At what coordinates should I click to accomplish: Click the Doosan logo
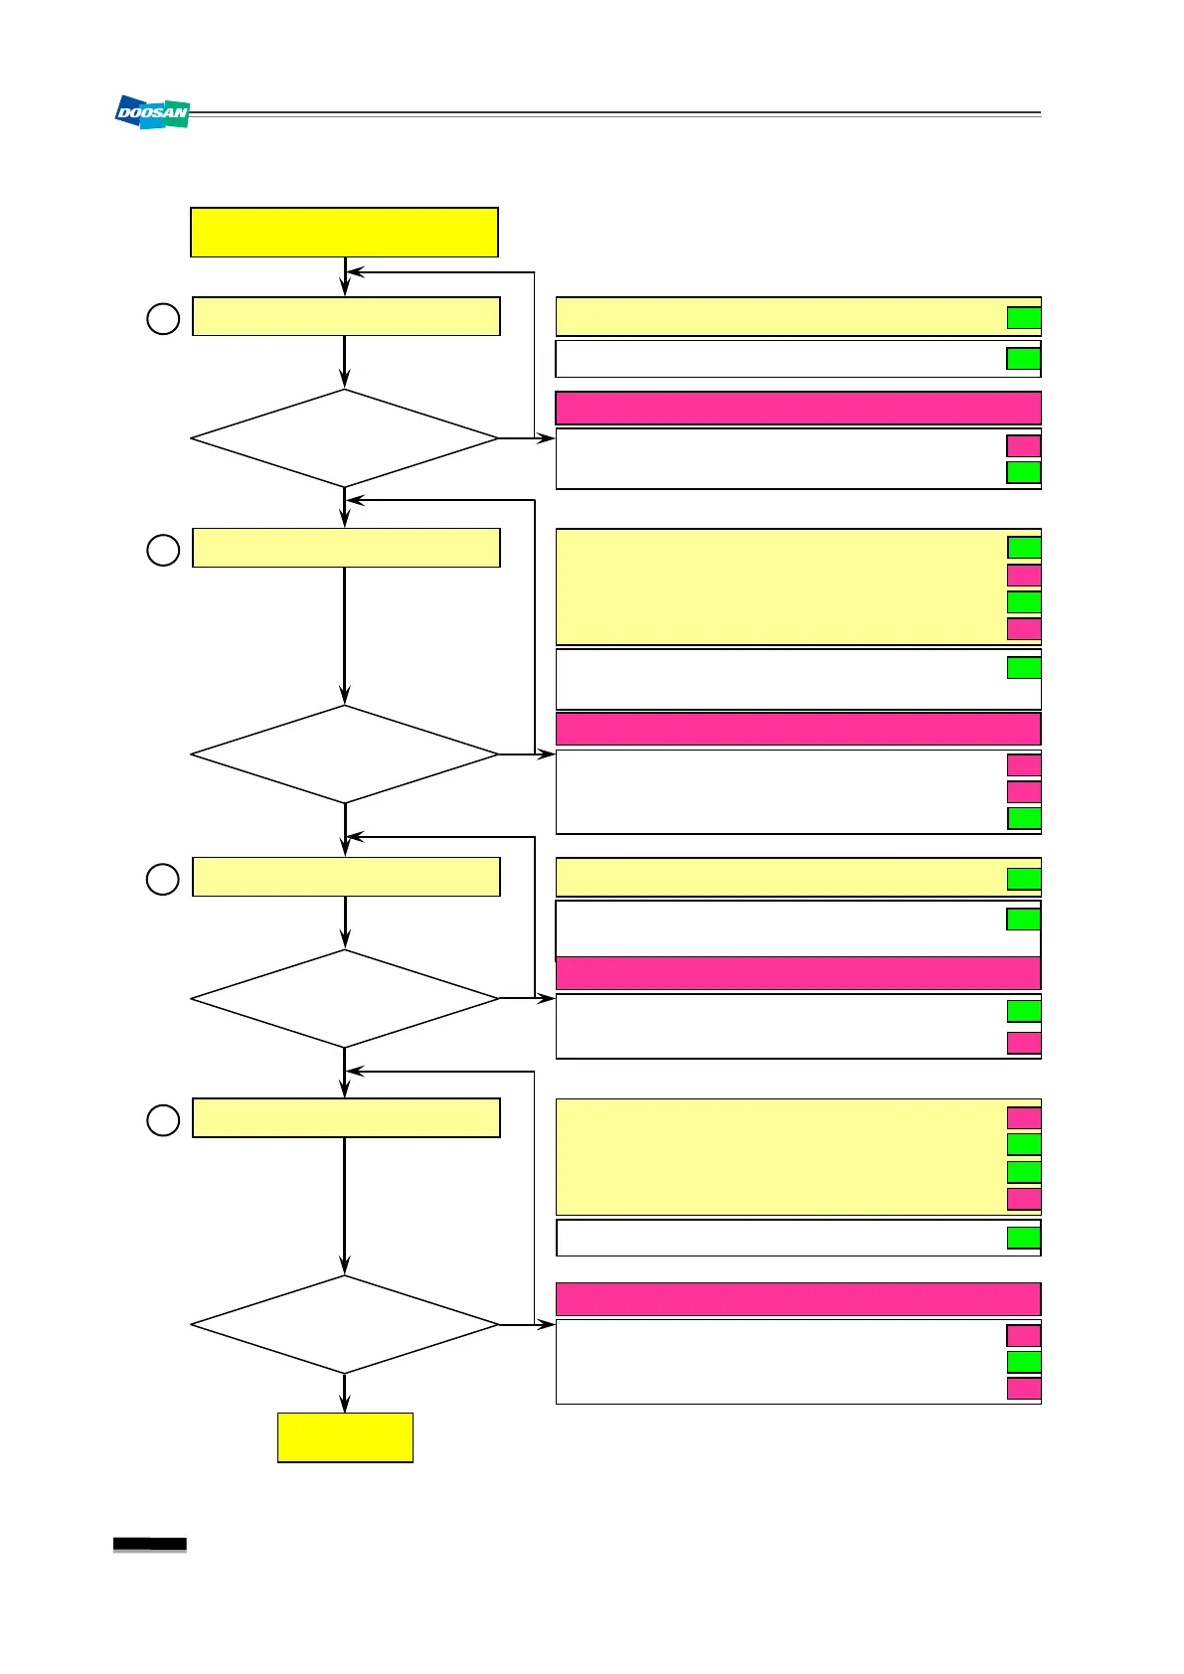152,112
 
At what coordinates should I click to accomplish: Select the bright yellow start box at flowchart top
344,233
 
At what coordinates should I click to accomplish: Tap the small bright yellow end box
345,1436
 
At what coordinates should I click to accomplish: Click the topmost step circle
163,318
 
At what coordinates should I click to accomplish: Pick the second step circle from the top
163,550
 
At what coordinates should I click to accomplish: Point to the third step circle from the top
163,879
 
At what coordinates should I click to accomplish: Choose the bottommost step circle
163,1120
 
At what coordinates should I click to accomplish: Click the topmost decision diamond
344,438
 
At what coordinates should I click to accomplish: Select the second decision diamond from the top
344,754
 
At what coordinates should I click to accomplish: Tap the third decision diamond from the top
344,998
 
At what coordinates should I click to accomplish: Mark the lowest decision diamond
344,1324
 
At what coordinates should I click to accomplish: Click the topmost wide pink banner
797,409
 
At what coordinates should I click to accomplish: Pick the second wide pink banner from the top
797,729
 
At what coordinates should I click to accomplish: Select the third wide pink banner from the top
797,972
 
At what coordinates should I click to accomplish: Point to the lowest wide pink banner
797,1299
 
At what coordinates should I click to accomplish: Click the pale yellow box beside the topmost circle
346,316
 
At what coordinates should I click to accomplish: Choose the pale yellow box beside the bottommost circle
346,1117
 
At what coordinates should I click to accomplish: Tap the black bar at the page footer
150,1544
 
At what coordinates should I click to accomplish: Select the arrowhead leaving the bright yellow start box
345,287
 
